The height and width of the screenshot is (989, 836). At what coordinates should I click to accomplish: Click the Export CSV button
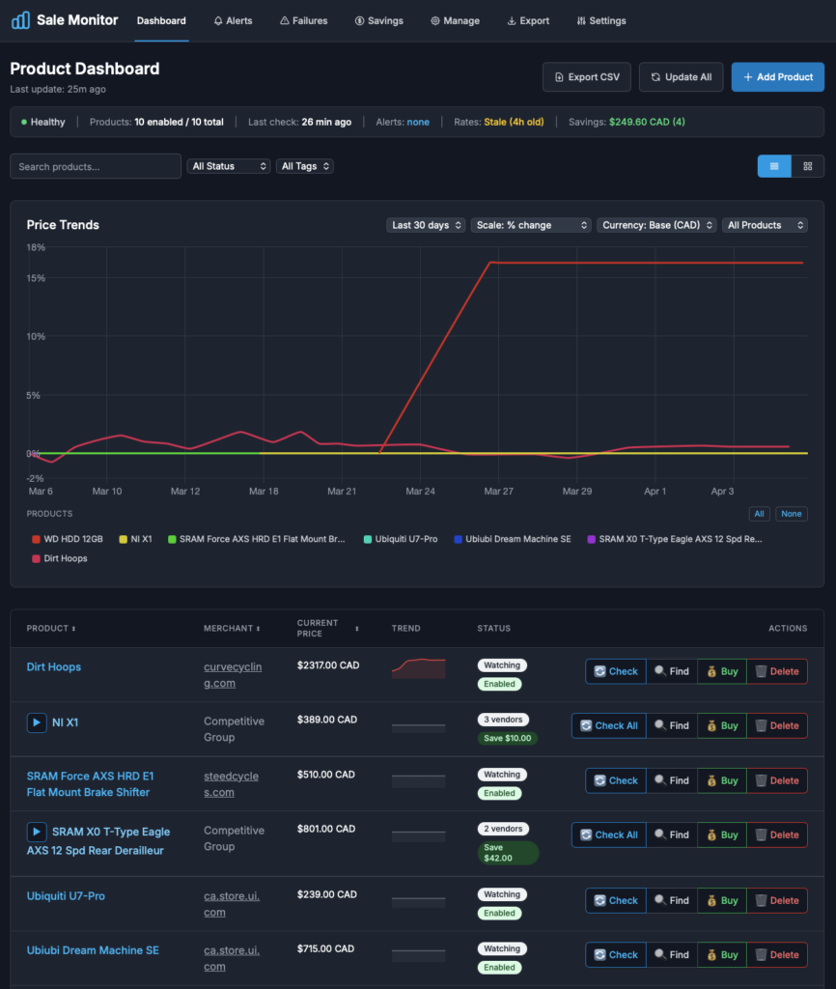(588, 77)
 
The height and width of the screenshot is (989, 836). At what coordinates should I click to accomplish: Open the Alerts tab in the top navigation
(233, 20)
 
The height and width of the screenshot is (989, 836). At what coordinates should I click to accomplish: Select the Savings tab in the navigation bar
(379, 20)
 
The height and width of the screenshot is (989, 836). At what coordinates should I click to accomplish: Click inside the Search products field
(96, 166)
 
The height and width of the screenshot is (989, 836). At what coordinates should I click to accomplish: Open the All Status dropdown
(229, 166)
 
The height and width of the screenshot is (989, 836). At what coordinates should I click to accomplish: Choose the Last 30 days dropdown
(426, 225)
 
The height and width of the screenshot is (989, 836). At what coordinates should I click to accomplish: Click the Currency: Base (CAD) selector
(656, 225)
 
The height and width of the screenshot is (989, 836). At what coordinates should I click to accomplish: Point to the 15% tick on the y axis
(35, 278)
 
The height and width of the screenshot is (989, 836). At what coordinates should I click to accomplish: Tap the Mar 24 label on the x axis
(420, 492)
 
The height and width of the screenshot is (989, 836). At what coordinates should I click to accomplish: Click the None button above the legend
(792, 514)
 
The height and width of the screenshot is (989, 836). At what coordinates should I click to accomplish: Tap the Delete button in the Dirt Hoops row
(777, 671)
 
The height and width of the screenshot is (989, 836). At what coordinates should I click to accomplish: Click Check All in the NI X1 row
(607, 725)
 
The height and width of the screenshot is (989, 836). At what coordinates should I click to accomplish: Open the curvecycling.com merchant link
(233, 675)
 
